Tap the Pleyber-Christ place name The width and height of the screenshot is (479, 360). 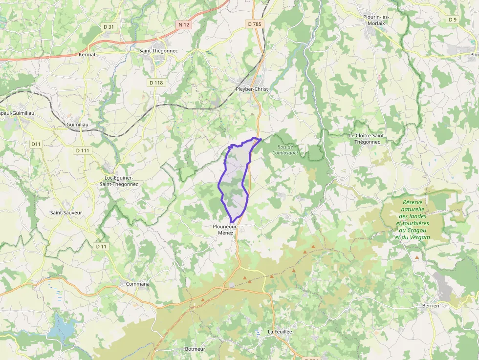pos(252,89)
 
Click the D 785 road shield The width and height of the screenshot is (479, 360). pos(255,23)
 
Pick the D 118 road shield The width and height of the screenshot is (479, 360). pos(156,83)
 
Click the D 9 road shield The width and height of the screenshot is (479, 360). pos(453,20)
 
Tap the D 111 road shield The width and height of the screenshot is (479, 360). pos(83,150)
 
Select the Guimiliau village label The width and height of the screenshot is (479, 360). pos(77,125)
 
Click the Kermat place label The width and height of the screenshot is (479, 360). pos(87,55)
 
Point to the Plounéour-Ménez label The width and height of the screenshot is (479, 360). pos(225,230)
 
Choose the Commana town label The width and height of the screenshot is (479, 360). pos(138,284)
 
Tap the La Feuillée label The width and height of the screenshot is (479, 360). pos(280,331)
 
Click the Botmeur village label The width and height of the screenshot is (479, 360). pos(195,349)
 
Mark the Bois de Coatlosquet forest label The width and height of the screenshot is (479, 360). pos(285,150)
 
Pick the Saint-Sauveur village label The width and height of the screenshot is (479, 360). pos(66,212)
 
